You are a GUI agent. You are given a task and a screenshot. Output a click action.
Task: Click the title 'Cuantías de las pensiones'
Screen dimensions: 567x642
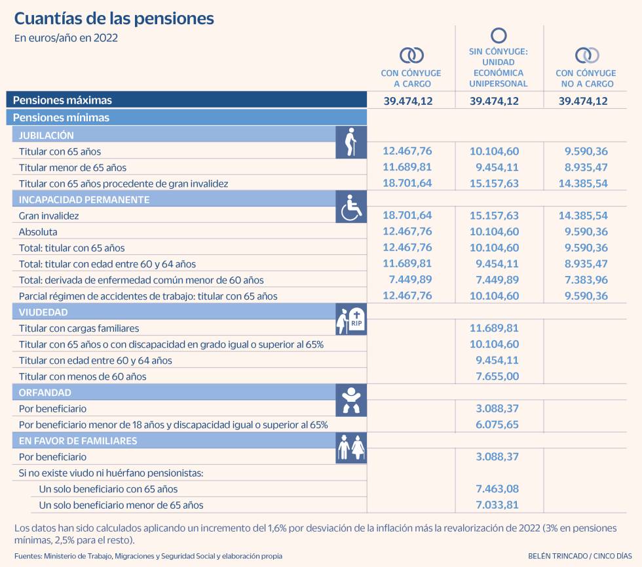pyautogui.click(x=114, y=18)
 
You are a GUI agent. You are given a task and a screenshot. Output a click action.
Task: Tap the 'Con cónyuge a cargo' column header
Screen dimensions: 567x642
pyautogui.click(x=411, y=78)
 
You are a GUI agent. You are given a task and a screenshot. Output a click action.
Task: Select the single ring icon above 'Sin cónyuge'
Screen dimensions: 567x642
pyautogui.click(x=499, y=35)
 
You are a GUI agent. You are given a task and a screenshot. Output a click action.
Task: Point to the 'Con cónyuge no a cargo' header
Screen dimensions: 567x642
pyautogui.click(x=586, y=78)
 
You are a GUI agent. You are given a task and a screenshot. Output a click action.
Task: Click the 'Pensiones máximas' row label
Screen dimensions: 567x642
pyautogui.click(x=62, y=100)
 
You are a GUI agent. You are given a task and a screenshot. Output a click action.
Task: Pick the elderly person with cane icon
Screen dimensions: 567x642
pyautogui.click(x=350, y=142)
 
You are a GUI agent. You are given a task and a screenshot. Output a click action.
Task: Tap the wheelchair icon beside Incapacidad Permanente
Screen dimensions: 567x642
pyautogui.click(x=351, y=206)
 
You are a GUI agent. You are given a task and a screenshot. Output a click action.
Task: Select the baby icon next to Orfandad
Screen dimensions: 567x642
pyautogui.click(x=351, y=400)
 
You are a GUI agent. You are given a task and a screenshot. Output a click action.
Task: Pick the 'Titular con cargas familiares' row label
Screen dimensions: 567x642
pyautogui.click(x=79, y=328)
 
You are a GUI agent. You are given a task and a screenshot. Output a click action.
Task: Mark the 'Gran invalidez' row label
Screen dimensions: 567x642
pyautogui.click(x=49, y=216)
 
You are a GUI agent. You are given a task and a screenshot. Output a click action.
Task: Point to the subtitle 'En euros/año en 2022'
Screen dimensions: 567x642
pyautogui.click(x=66, y=38)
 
